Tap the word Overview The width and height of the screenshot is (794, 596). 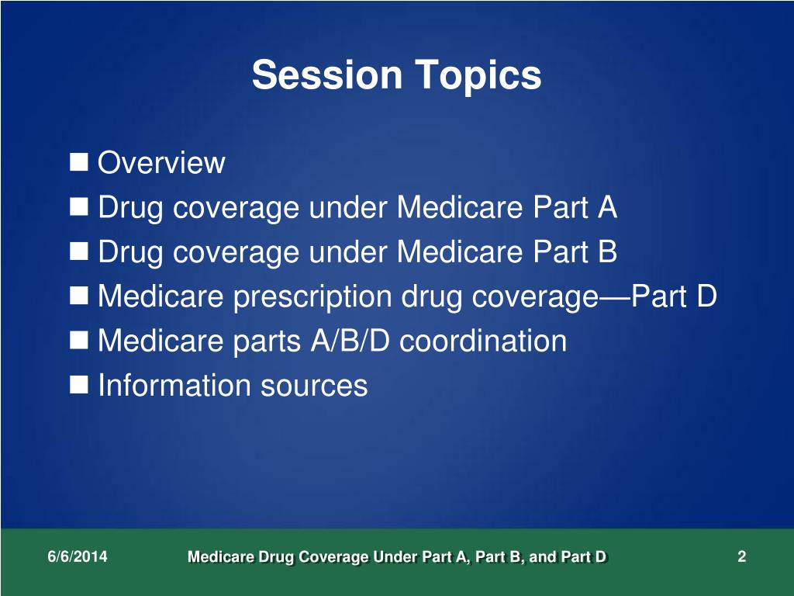[162, 164]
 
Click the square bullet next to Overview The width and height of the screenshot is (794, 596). [79, 162]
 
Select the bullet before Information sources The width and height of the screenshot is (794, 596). [79, 384]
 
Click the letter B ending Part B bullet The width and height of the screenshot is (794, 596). [607, 251]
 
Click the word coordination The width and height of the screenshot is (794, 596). [483, 341]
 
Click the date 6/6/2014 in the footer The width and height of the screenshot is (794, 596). [77, 556]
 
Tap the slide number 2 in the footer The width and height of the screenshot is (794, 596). [742, 556]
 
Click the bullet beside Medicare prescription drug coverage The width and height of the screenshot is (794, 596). [79, 296]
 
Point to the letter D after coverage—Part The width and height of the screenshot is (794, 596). [705, 296]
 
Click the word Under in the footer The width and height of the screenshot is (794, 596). [394, 556]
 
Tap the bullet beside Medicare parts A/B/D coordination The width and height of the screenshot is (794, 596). [79, 340]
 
